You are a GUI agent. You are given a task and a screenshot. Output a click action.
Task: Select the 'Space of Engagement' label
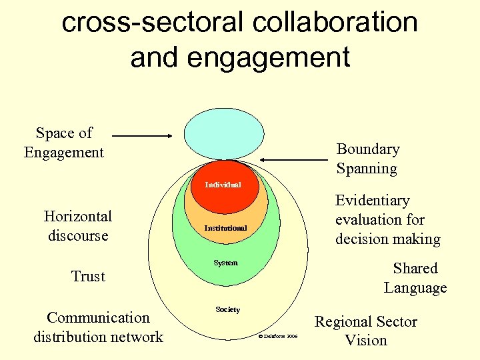tap(64, 143)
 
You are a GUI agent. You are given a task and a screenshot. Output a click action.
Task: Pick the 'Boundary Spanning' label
tap(367, 159)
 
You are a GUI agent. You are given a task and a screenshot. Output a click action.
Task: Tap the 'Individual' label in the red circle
tap(223, 185)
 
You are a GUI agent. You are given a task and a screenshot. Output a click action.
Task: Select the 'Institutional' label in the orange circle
tap(225, 228)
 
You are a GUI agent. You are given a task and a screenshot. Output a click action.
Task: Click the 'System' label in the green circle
tap(225, 263)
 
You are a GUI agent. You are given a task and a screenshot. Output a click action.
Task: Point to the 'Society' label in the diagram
tap(227, 309)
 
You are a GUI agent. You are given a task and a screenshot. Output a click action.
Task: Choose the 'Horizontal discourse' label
tap(77, 225)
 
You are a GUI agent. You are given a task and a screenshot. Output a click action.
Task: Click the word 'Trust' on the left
tap(88, 276)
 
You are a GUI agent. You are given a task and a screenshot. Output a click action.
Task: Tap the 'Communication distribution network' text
tap(98, 327)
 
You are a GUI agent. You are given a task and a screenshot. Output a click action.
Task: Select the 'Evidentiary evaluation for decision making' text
tap(387, 219)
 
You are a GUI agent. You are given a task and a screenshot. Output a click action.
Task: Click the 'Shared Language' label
tap(415, 278)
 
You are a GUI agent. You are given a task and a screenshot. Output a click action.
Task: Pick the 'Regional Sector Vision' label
tap(365, 331)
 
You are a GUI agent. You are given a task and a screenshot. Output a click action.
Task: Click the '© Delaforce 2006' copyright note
tap(277, 337)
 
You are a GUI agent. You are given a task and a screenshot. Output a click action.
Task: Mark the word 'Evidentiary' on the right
tap(372, 201)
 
